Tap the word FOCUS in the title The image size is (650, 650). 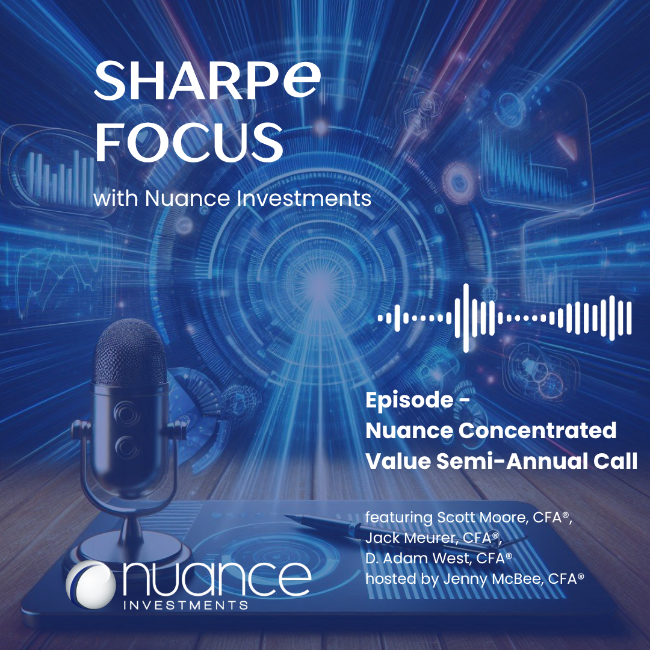tap(189, 142)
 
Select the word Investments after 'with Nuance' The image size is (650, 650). tap(304, 198)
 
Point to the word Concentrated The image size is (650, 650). tap(537, 431)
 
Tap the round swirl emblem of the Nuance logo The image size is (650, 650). tap(91, 585)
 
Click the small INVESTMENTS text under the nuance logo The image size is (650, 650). tap(186, 605)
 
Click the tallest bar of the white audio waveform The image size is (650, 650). tap(466, 318)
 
